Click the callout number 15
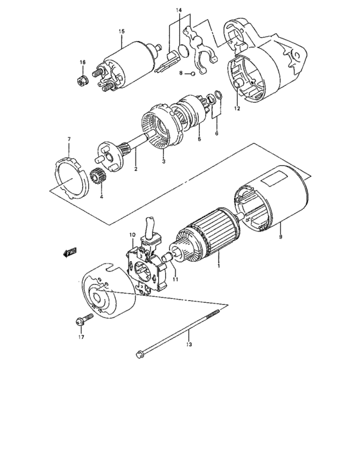coord(120,31)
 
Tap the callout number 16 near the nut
coord(82,62)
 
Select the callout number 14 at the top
coord(179,11)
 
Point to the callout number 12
coord(237,109)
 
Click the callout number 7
coord(69,139)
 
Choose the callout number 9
coord(280,237)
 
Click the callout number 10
coord(132,235)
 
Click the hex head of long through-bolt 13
coord(139,352)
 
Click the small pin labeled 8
coord(191,75)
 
